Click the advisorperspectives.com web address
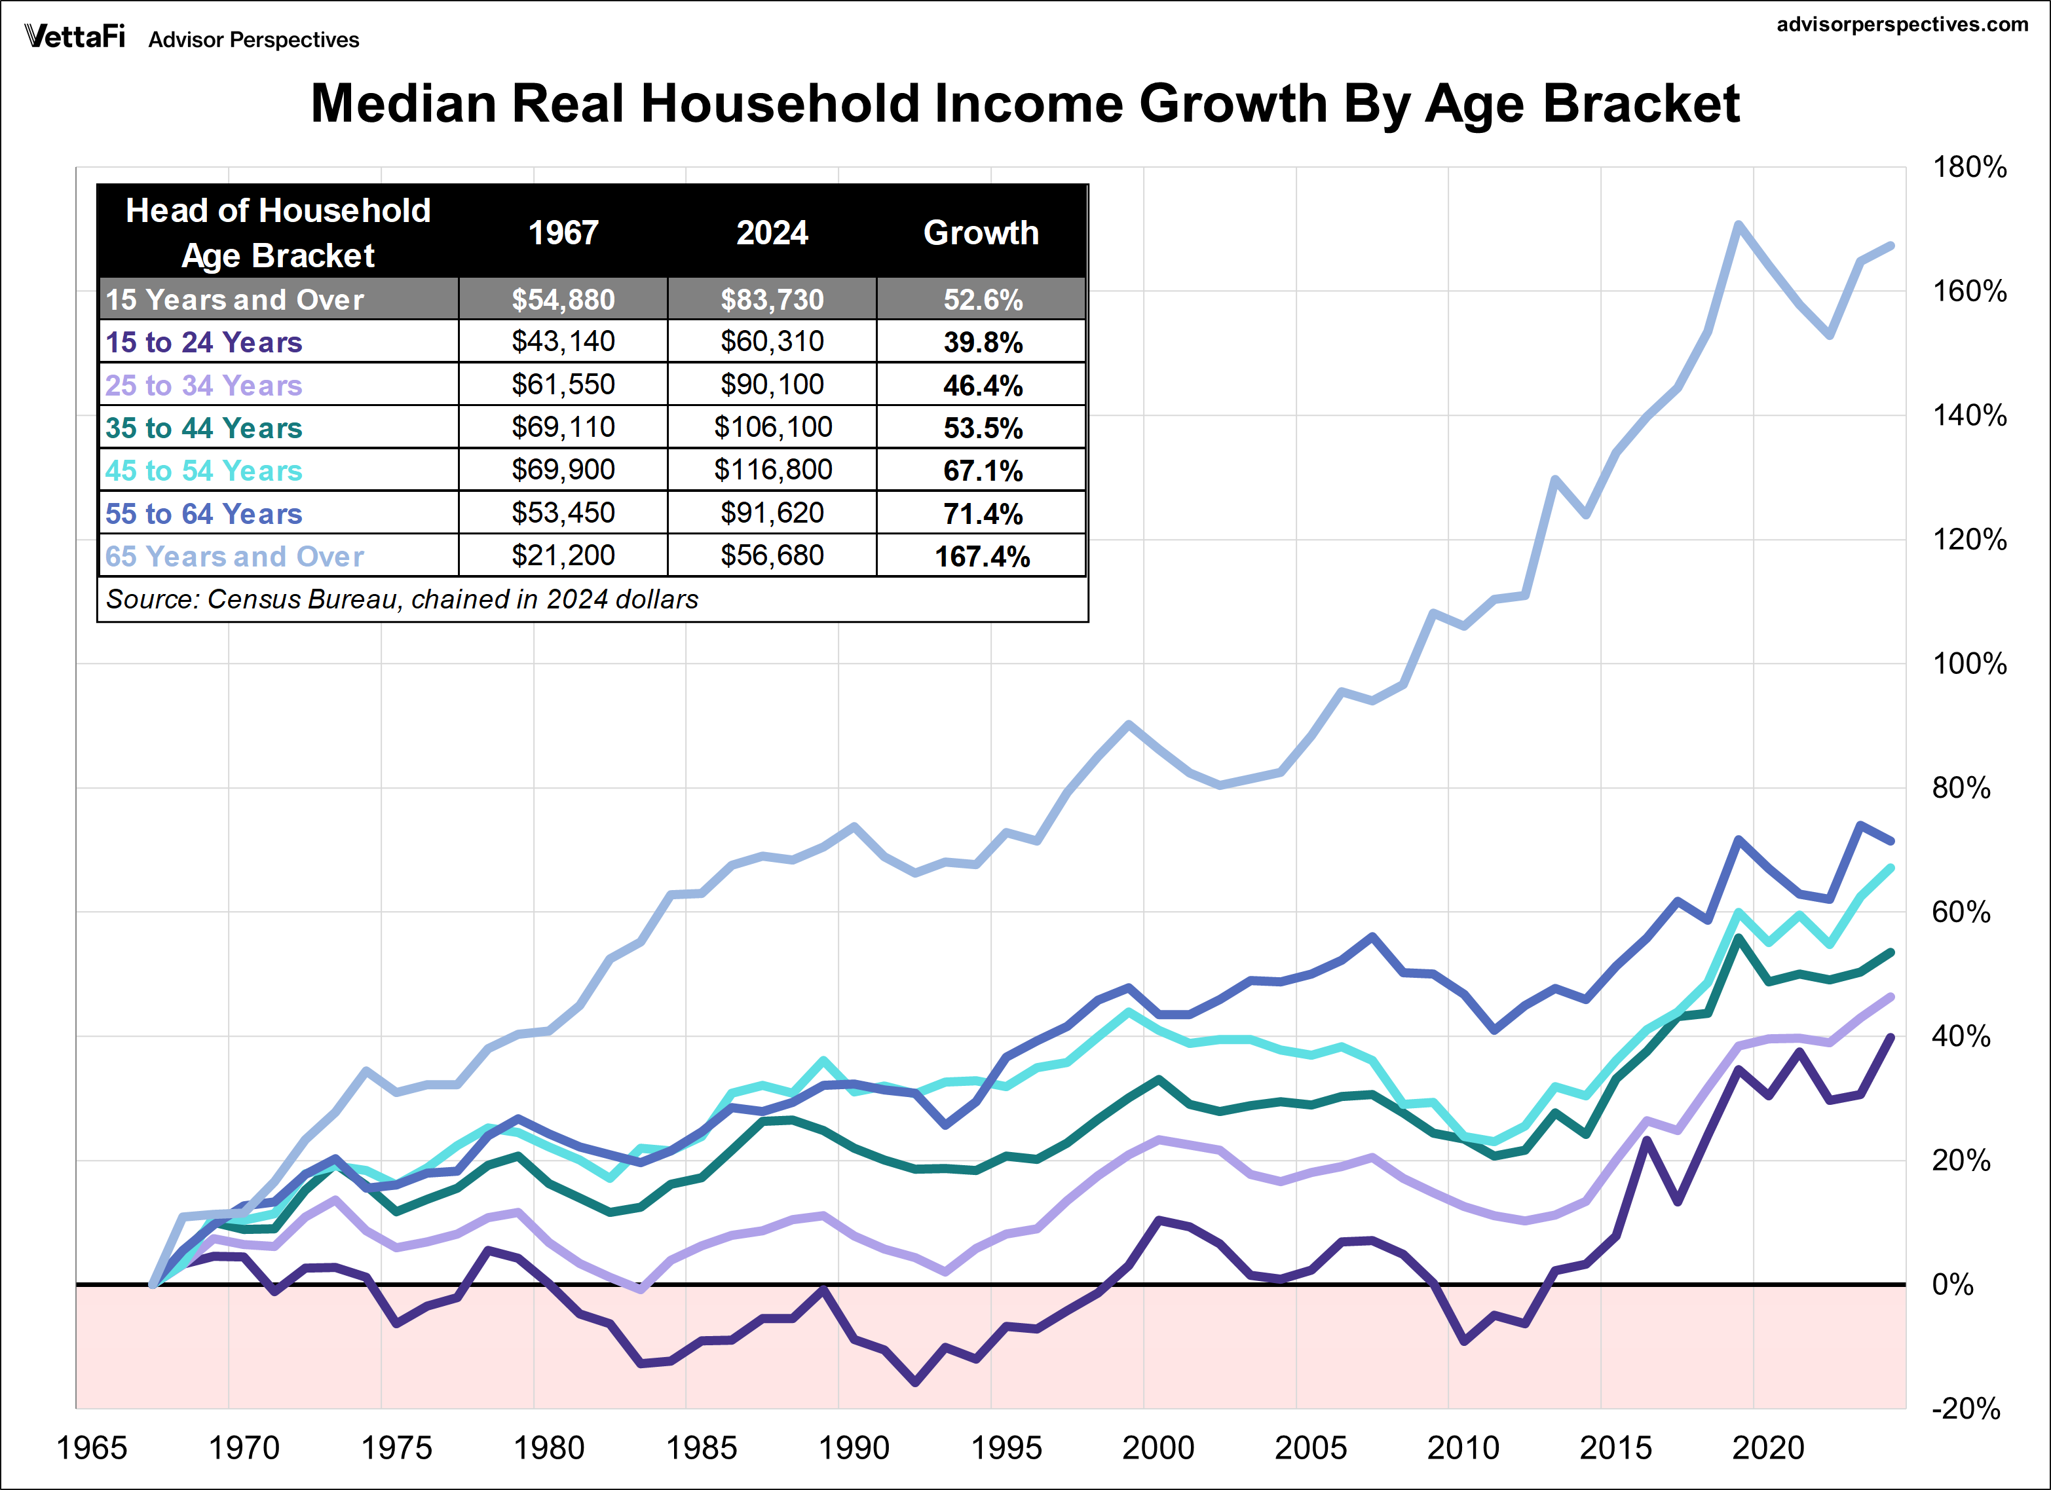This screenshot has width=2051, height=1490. click(x=1902, y=24)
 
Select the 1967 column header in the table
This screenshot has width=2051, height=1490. click(x=563, y=233)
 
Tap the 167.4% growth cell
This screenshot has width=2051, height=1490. click(x=981, y=556)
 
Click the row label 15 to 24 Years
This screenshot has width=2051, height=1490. click(x=204, y=342)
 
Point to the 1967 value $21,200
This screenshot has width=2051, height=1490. click(x=563, y=556)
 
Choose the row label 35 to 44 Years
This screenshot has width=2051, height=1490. click(x=204, y=428)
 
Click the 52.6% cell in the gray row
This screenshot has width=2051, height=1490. click(x=981, y=299)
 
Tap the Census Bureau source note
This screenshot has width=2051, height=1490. click(x=402, y=599)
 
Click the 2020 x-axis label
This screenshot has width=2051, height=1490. click(x=1767, y=1448)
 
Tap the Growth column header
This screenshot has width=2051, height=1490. click(x=981, y=233)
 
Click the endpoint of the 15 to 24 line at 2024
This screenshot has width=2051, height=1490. click(x=1891, y=1037)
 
